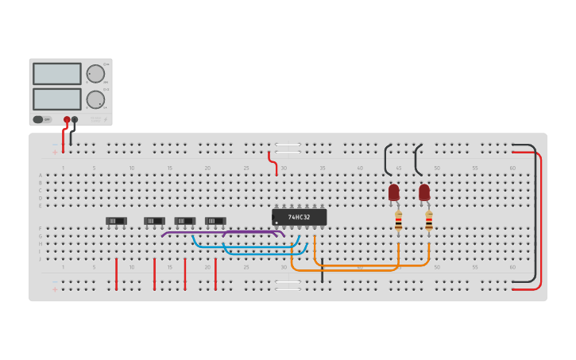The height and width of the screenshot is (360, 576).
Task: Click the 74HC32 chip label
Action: click(x=300, y=217)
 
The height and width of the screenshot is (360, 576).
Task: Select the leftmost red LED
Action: click(x=394, y=192)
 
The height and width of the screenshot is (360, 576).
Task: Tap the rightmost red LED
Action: click(x=424, y=192)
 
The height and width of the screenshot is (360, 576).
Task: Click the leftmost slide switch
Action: click(x=116, y=221)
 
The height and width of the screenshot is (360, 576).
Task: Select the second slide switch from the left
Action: click(x=154, y=221)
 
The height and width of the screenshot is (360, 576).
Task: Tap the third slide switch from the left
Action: click(x=184, y=221)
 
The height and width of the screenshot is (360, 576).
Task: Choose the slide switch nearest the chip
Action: click(x=215, y=221)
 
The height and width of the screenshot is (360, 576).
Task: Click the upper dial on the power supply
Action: click(x=95, y=74)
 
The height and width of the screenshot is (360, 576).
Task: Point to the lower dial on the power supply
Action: click(x=95, y=99)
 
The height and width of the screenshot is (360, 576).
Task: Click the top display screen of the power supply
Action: click(x=57, y=74)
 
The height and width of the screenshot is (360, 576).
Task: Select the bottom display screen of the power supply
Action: click(x=57, y=99)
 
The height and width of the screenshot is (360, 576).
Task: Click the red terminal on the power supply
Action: click(x=67, y=120)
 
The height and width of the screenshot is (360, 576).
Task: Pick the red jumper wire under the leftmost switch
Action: click(x=117, y=274)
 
